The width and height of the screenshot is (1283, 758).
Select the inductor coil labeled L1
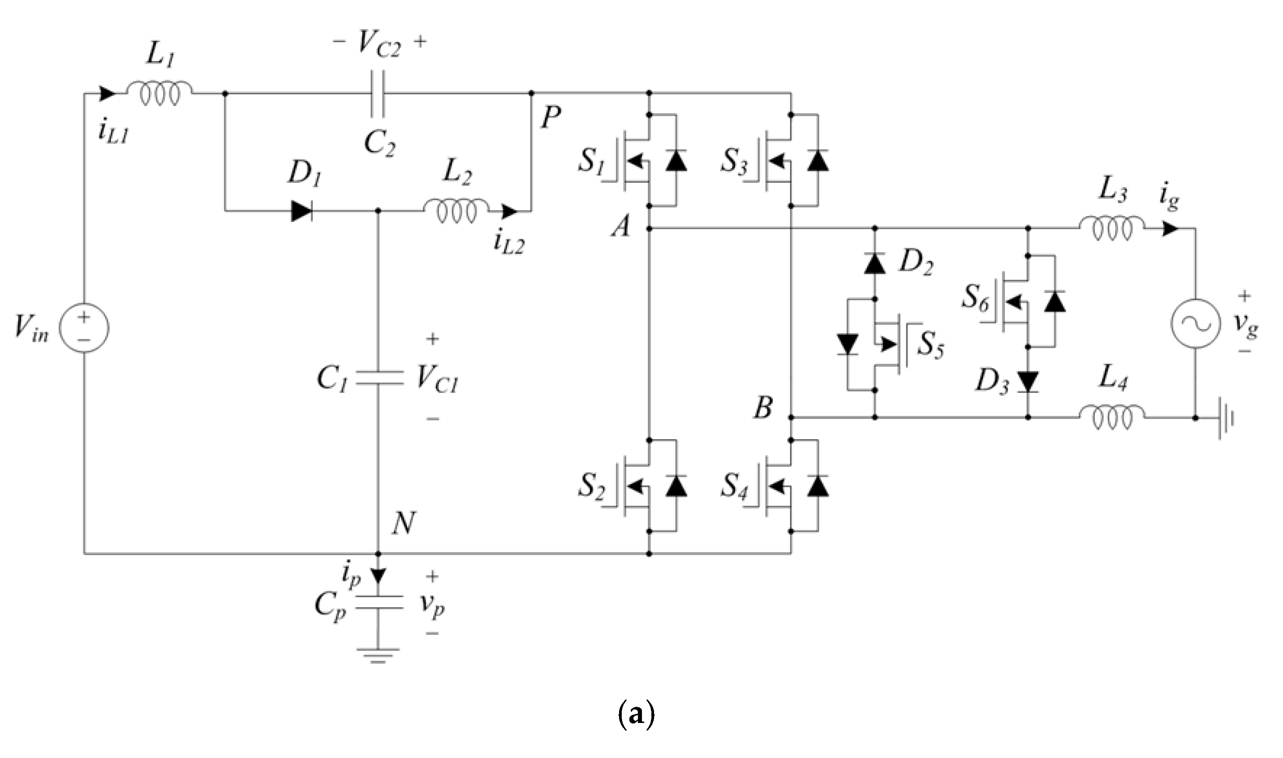(x=160, y=94)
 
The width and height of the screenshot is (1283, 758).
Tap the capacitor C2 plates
(x=379, y=94)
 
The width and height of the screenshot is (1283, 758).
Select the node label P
(x=551, y=119)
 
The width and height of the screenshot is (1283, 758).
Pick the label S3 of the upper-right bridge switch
(x=734, y=161)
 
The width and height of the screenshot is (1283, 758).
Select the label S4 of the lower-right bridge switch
(x=734, y=486)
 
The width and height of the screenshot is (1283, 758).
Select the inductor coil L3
(x=1112, y=229)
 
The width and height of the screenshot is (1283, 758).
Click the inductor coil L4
(x=1112, y=418)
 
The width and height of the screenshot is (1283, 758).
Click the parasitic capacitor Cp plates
(x=378, y=603)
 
